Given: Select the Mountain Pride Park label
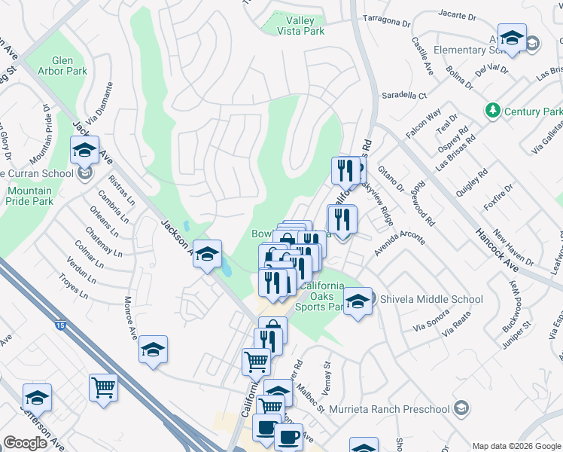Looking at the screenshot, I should (x=29, y=196).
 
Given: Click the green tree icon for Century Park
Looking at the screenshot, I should (x=492, y=111).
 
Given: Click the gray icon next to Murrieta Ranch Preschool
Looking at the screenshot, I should (x=461, y=408).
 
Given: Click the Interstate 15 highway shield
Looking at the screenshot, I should (x=59, y=325).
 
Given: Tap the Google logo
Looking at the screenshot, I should (x=25, y=443).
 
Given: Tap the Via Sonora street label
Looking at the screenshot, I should (x=430, y=326).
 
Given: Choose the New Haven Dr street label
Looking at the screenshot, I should (x=513, y=248).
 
